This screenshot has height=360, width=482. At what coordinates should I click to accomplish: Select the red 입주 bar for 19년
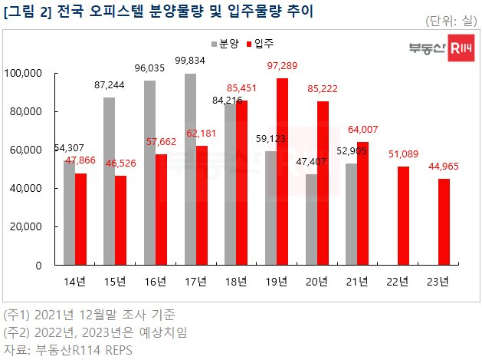(282, 171)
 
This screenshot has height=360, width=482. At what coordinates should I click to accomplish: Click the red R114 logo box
(460, 49)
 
